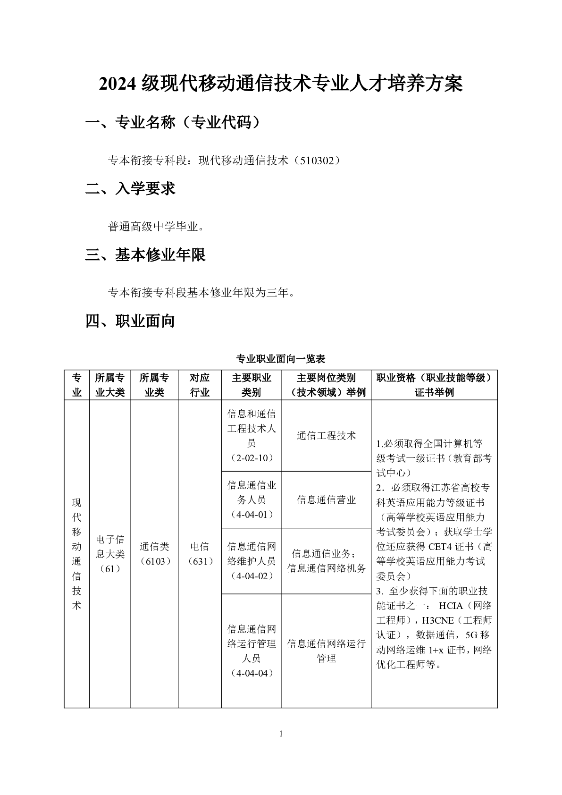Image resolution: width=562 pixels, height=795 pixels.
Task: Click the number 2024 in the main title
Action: [118, 84]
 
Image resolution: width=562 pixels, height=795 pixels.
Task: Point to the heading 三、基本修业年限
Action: [145, 255]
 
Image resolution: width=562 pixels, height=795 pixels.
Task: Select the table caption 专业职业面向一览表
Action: [281, 359]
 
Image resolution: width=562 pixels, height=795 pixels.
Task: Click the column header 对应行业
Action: [200, 385]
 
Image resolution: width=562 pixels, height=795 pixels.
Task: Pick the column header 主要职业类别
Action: [252, 385]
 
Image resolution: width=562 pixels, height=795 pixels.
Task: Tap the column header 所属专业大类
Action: [110, 385]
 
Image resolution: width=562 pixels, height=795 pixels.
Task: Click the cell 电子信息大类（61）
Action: [110, 554]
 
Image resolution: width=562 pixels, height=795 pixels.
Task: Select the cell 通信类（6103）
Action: [154, 554]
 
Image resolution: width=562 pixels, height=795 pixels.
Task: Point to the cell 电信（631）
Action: [200, 554]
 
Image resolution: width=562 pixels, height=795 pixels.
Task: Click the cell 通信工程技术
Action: [326, 436]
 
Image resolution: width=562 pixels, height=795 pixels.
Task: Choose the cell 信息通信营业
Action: [326, 500]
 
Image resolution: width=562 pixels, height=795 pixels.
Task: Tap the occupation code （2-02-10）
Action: [252, 458]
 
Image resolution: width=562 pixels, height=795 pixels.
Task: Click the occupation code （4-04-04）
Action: [252, 673]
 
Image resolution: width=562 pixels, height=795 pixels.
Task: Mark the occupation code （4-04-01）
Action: [252, 515]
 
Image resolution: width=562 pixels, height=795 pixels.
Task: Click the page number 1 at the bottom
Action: [281, 733]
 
